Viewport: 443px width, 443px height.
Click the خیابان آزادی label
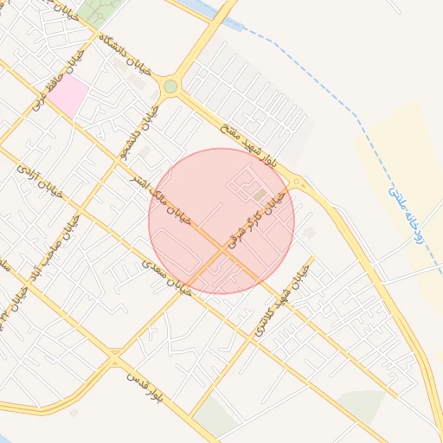[39, 182]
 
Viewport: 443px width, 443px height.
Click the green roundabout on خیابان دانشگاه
[170, 87]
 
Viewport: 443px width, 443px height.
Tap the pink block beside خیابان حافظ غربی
[68, 94]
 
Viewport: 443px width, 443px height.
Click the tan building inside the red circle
[260, 196]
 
